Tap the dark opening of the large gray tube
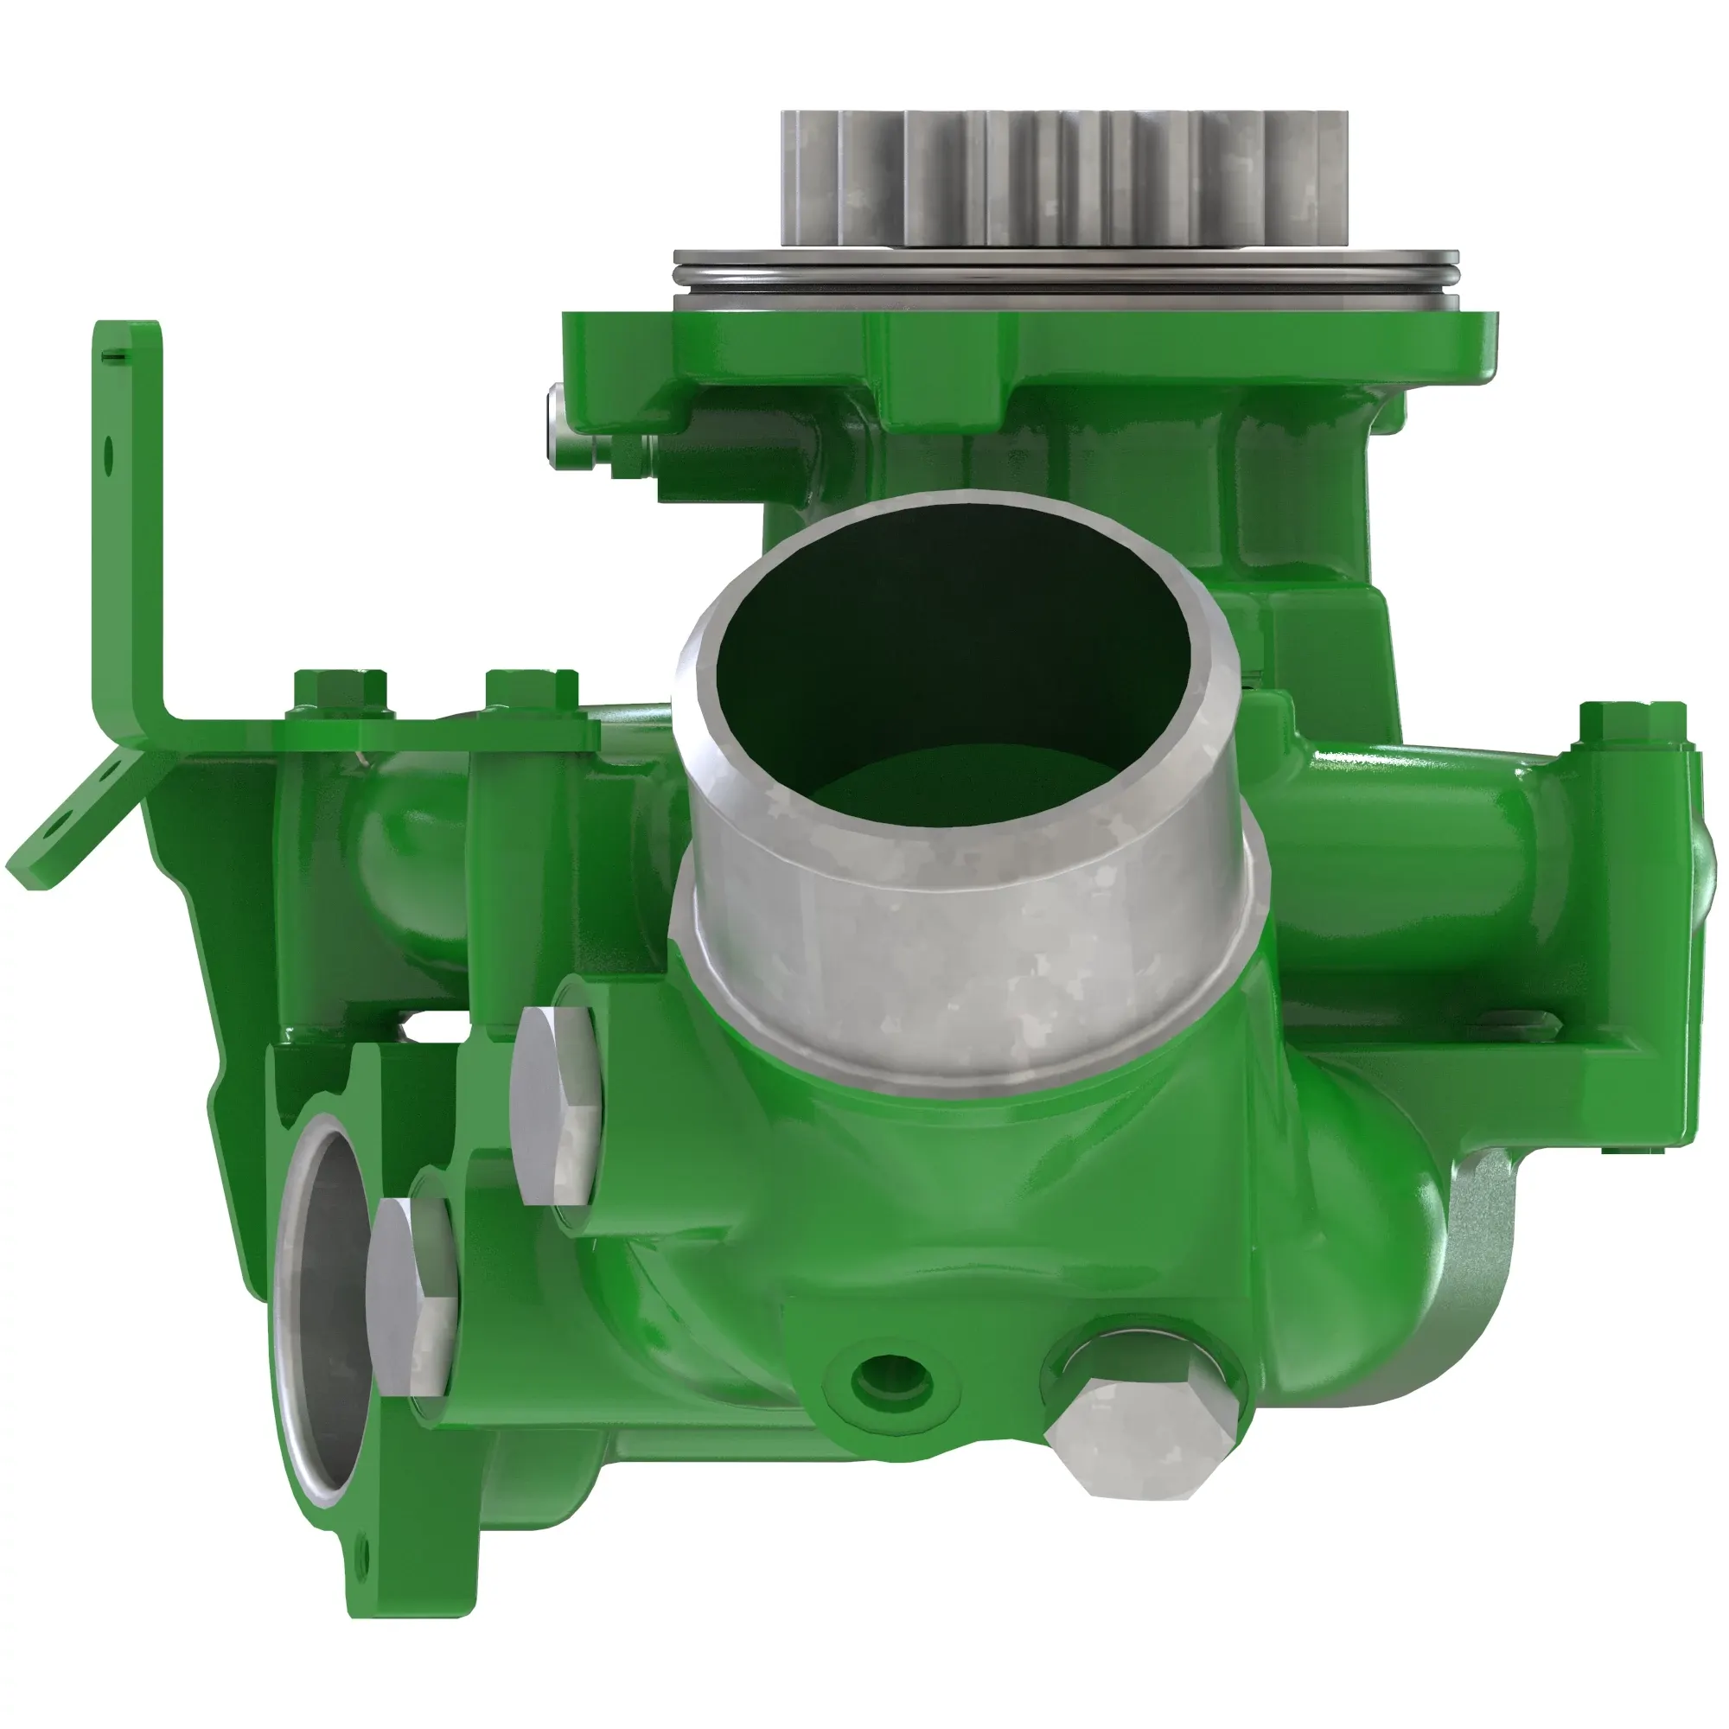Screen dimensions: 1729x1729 948,644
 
